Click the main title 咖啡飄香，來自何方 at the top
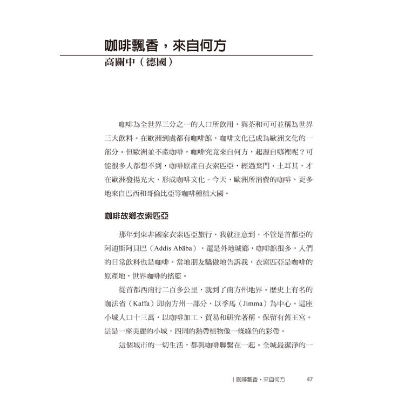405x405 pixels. pyautogui.click(x=165, y=46)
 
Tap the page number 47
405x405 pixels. pyautogui.click(x=309, y=379)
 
